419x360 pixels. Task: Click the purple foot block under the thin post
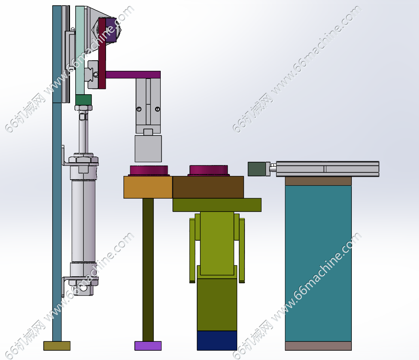[148, 345]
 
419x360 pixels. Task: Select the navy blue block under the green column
[217, 341]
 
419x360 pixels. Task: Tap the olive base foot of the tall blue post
[57, 345]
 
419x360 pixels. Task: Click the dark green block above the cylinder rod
[83, 100]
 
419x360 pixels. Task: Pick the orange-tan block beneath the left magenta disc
[148, 187]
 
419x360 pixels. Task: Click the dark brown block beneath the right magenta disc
[208, 187]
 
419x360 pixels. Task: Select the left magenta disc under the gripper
[149, 170]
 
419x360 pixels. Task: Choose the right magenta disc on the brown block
[208, 170]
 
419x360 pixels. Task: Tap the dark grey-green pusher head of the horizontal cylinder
[257, 169]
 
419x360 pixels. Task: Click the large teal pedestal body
[318, 263]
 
